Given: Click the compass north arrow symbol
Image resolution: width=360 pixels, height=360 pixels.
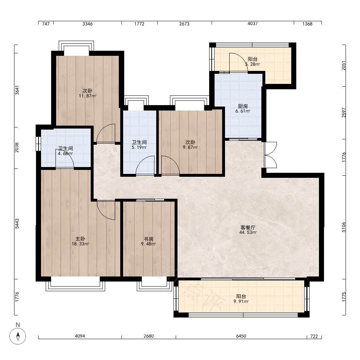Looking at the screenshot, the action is pyautogui.click(x=18, y=336).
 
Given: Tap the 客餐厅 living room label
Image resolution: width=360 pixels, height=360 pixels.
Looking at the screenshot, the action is pyautogui.click(x=248, y=228).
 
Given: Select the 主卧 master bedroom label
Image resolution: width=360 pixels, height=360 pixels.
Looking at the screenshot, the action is pyautogui.click(x=80, y=239).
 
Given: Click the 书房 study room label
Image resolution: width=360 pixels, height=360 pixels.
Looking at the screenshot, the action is pyautogui.click(x=149, y=239).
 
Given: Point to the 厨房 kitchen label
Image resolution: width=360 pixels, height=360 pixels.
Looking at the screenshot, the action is pyautogui.click(x=243, y=106).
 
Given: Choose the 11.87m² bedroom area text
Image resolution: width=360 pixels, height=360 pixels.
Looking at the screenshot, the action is pyautogui.click(x=87, y=96).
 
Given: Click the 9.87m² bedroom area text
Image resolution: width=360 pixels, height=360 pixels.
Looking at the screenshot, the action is pyautogui.click(x=190, y=147).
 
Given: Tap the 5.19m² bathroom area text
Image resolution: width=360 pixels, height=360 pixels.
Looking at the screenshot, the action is pyautogui.click(x=139, y=147).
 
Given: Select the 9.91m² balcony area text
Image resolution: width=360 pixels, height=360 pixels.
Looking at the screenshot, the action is pyautogui.click(x=241, y=301).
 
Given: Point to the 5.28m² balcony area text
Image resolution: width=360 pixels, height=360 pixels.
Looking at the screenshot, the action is pyautogui.click(x=253, y=64).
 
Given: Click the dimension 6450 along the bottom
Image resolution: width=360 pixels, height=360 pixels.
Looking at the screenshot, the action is pyautogui.click(x=241, y=336).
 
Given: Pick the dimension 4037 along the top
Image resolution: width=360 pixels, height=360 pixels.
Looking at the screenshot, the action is pyautogui.click(x=253, y=24).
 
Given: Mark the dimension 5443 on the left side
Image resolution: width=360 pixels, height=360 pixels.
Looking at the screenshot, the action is pyautogui.click(x=17, y=224).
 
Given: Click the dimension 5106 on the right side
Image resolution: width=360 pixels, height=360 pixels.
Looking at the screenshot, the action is pyautogui.click(x=343, y=227).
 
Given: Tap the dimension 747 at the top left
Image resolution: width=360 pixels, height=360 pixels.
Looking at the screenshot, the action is pyautogui.click(x=46, y=24).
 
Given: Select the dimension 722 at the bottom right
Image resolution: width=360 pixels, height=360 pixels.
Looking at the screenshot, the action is pyautogui.click(x=314, y=336).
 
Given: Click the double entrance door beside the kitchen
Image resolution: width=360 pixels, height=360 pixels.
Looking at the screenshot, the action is pyautogui.click(x=270, y=155).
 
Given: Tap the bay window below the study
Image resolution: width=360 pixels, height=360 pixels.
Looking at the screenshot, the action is pyautogui.click(x=154, y=284).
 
